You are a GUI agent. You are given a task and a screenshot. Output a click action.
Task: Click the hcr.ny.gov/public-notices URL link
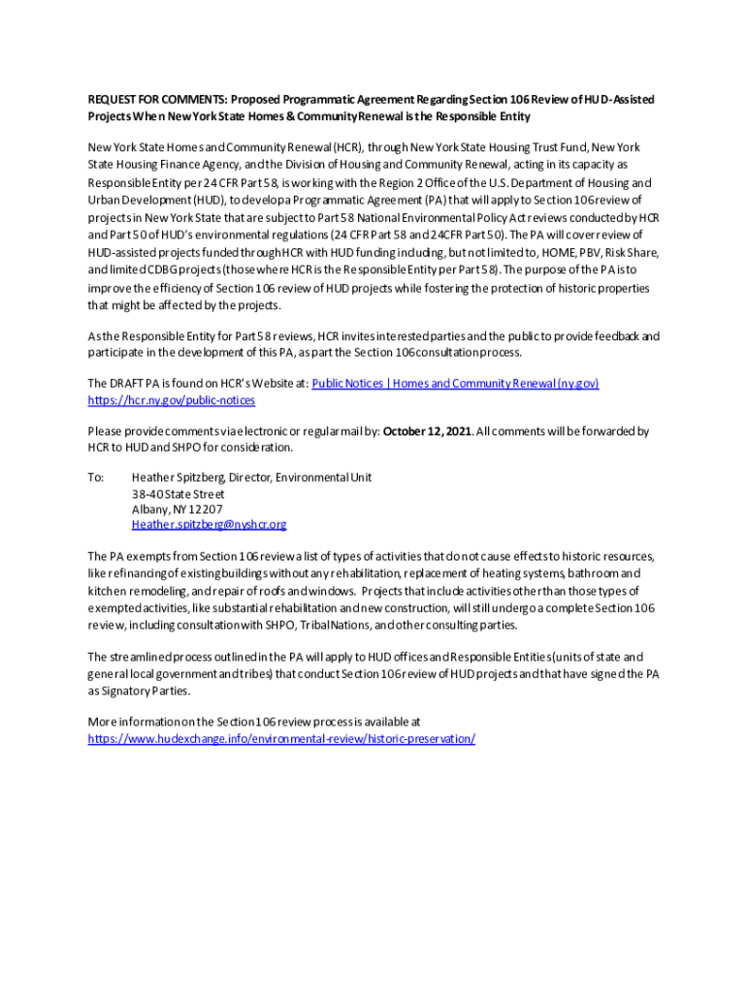pos(172,400)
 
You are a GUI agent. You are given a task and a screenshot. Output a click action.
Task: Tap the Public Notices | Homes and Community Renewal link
pos(455,384)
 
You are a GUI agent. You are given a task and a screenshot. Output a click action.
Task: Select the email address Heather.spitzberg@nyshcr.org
pos(209,525)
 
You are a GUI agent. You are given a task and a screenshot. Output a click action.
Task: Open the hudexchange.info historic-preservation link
pos(281,739)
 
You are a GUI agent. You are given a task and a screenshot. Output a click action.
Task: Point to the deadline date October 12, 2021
pos(427,432)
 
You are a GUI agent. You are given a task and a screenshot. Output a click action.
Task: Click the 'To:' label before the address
pos(95,478)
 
